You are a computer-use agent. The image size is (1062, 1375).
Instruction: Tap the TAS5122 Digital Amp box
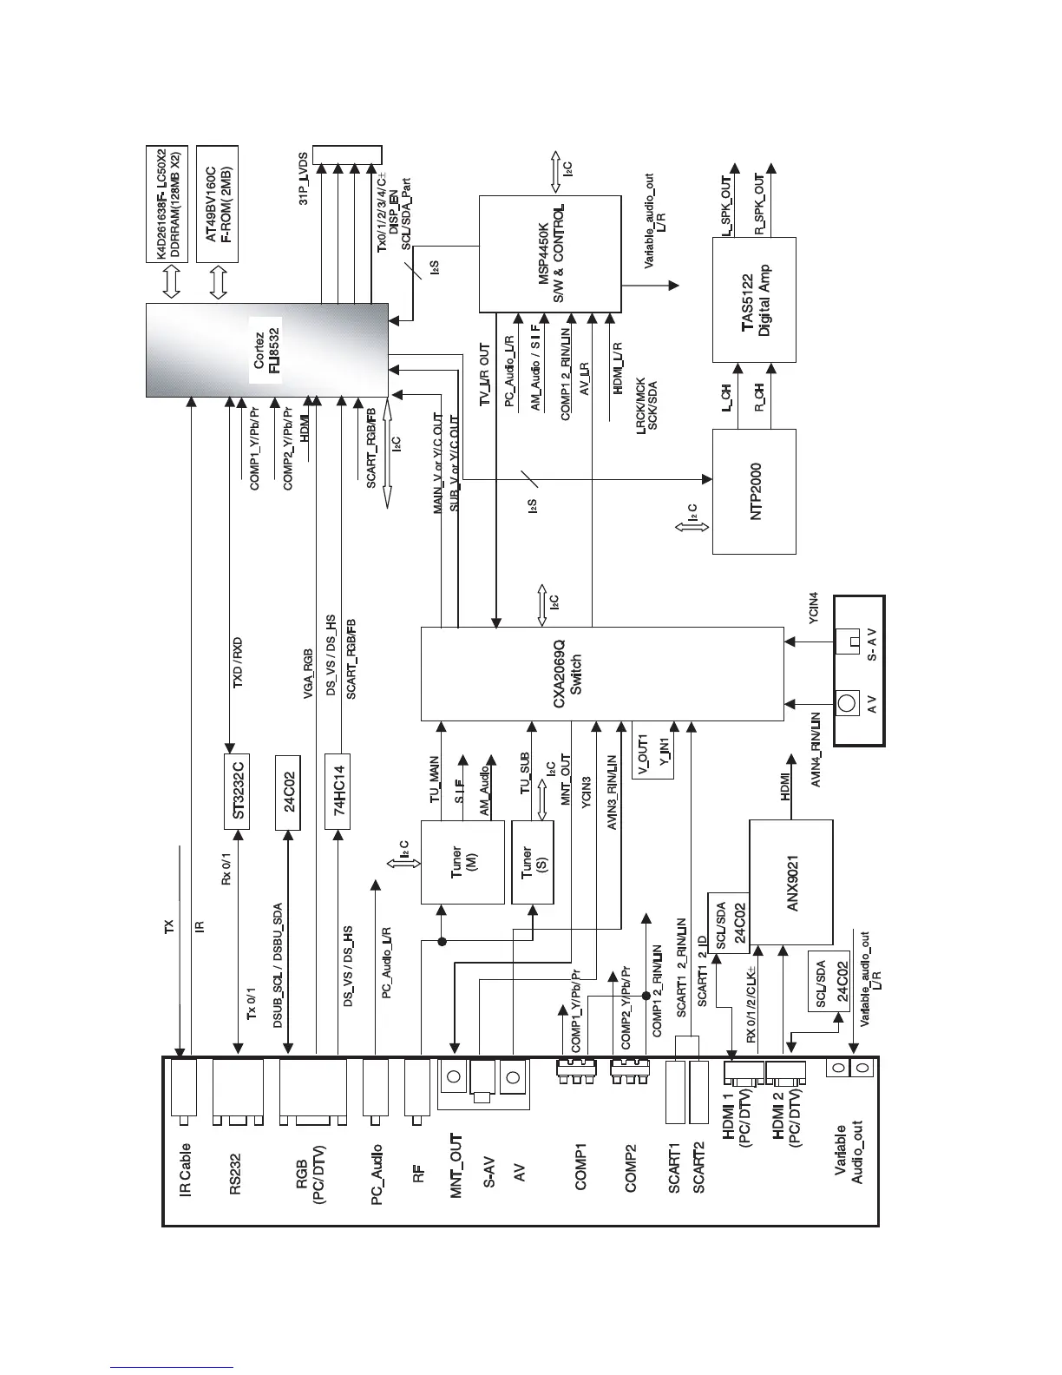coord(753,299)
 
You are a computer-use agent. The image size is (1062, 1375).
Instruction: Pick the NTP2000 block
coord(753,490)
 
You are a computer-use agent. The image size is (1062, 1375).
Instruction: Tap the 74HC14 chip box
coord(338,792)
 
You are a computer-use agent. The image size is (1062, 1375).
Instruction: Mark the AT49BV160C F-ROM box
coord(218,203)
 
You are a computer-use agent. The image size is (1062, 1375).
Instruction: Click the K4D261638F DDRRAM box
coord(168,203)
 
